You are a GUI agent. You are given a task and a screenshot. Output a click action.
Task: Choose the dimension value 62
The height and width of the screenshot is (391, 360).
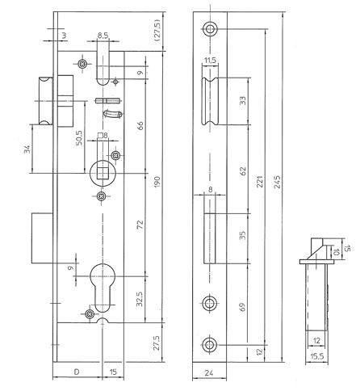(242, 170)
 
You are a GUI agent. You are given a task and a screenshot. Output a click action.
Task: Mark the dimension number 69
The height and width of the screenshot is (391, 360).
(242, 307)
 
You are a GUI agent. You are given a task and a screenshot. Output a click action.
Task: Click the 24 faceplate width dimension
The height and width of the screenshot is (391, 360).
(209, 374)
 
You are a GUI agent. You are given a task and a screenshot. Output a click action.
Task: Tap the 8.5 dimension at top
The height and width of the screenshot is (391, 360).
(103, 36)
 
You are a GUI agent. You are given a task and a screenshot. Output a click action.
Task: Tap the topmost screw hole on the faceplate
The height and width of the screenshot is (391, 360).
(210, 27)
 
